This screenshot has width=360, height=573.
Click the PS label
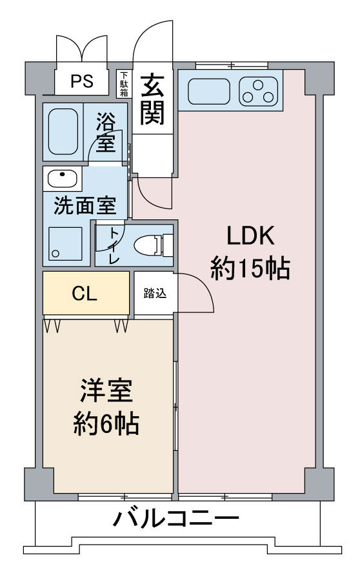[81, 81]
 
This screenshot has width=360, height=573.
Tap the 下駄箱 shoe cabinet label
[125, 84]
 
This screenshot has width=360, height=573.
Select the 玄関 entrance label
[152, 99]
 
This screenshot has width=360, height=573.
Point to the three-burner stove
[259, 92]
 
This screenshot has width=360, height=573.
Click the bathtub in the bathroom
[63, 132]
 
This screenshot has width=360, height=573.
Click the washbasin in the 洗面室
[63, 179]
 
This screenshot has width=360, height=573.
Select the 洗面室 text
[85, 206]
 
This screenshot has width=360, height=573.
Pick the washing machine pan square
[65, 244]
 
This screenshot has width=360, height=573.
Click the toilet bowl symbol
[154, 245]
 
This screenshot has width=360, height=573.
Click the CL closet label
[85, 293]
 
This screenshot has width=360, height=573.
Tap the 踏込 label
[155, 293]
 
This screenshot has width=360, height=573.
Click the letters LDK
[250, 236]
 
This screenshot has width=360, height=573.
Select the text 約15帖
[250, 269]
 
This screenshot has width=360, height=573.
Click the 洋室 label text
[106, 391]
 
